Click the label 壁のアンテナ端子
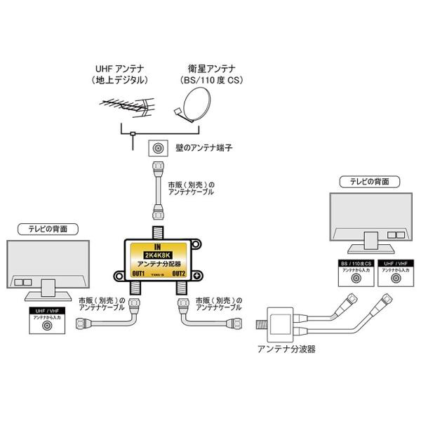pos(199,148)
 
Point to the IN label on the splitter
pos(156,244)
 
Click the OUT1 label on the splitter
pos(138,274)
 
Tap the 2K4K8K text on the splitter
pos(156,254)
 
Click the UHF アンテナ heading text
pos(120,68)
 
